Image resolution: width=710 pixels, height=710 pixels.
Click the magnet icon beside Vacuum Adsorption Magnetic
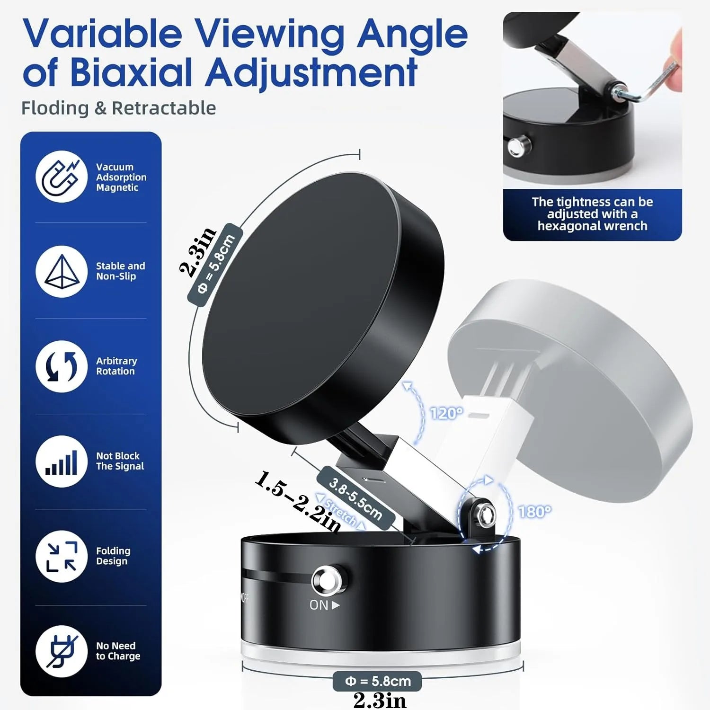click(x=61, y=177)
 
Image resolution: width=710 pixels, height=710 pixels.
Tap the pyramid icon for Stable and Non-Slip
click(x=62, y=271)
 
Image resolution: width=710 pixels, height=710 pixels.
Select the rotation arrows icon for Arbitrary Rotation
click(x=62, y=366)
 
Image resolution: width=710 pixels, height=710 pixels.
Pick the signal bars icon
click(x=62, y=461)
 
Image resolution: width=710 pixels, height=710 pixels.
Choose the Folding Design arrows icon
click(x=62, y=556)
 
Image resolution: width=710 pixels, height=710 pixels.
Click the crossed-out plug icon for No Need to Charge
click(x=62, y=651)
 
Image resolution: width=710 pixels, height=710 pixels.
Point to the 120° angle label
click(x=446, y=413)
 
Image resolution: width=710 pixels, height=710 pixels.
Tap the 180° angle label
click(x=534, y=512)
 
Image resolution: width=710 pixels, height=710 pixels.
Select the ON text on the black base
click(x=319, y=605)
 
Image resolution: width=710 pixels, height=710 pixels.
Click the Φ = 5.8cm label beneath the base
click(x=377, y=681)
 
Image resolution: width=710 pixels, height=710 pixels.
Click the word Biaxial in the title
click(x=131, y=72)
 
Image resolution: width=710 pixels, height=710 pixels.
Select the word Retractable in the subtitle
click(x=164, y=108)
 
